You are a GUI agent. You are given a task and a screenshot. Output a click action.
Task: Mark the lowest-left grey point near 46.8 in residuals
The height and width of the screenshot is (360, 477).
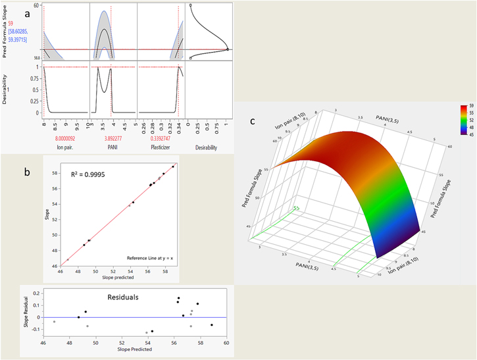55,321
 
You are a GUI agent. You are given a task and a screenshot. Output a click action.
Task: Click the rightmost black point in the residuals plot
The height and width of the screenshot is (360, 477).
212,324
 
